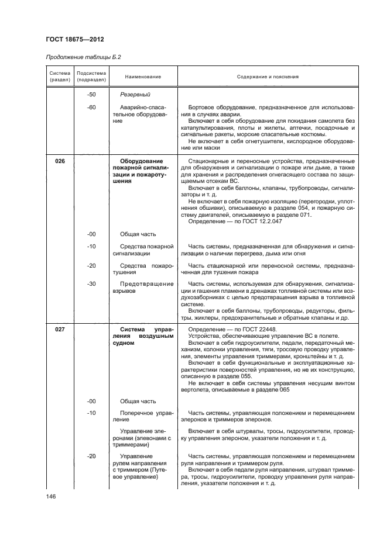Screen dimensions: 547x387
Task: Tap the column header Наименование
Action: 143,77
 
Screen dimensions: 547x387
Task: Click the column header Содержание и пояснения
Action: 268,77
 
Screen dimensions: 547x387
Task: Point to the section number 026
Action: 60,161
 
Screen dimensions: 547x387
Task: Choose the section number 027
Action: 60,330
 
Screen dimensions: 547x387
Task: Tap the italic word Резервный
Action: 135,94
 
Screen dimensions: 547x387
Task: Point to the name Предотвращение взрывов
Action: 143,287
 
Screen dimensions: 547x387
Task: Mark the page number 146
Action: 50,496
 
